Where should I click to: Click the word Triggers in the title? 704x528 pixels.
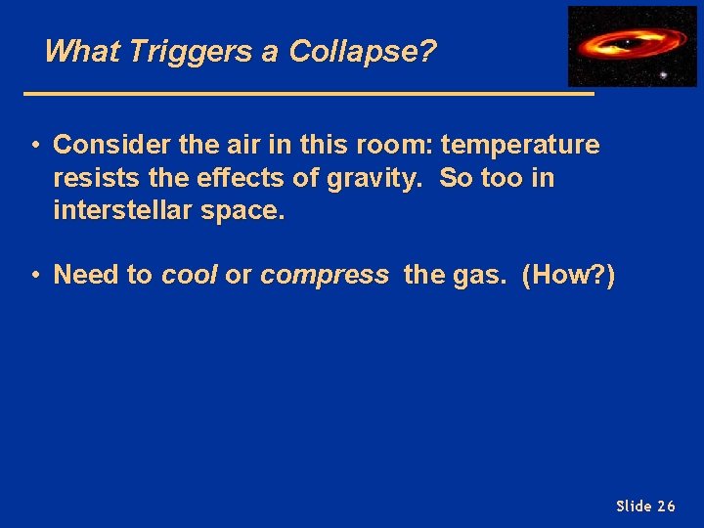pyautogui.click(x=170, y=51)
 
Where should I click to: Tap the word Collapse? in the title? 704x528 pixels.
pyautogui.click(x=362, y=51)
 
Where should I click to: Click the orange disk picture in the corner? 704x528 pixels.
pyautogui.click(x=632, y=46)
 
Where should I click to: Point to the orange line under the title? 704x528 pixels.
pyautogui.click(x=308, y=94)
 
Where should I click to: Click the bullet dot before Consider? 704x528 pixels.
pyautogui.click(x=34, y=146)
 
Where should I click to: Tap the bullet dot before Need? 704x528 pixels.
pyautogui.click(x=34, y=276)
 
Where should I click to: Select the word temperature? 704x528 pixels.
pyautogui.click(x=520, y=146)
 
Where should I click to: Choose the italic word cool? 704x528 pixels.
pyautogui.click(x=190, y=276)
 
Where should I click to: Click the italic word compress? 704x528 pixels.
pyautogui.click(x=324, y=276)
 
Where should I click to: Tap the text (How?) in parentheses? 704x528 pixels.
pyautogui.click(x=568, y=276)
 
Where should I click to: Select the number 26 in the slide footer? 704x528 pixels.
pyautogui.click(x=666, y=506)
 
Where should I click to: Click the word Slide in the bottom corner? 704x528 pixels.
pyautogui.click(x=634, y=506)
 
